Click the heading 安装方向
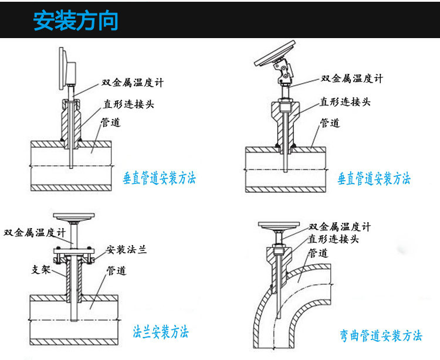coord(76,21)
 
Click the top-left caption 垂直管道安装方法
coord(159,178)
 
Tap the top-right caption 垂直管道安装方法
coord(374,178)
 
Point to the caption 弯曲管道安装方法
coord(381,336)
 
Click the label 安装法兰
coord(126,250)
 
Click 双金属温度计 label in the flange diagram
coord(33,232)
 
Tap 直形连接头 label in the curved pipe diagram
coord(334,239)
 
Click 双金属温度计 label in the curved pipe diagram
coord(340,227)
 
